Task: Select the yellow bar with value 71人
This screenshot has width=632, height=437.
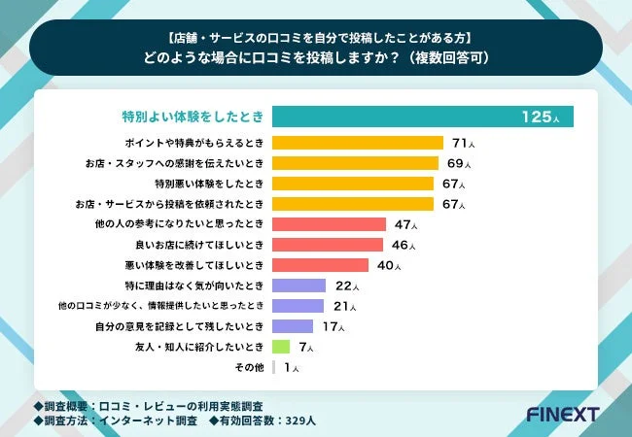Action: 358,143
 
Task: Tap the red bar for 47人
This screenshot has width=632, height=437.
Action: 329,224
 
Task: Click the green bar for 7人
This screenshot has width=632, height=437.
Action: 282,347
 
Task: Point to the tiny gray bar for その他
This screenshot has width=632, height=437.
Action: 274,367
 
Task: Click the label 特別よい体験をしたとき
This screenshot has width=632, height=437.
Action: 186,118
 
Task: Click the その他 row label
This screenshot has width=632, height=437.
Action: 250,367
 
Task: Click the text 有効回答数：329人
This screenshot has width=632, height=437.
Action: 262,421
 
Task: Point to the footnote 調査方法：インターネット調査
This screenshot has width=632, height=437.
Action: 117,421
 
